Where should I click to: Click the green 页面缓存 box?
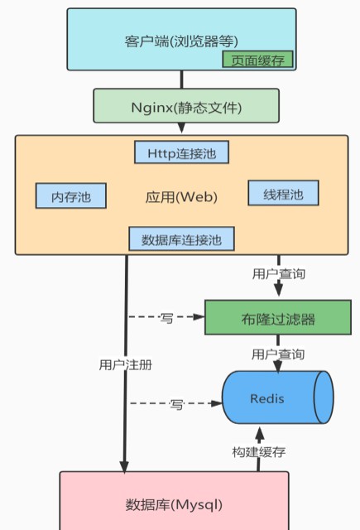[257, 60]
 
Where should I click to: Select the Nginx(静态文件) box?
[186, 105]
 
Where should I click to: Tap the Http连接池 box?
[182, 152]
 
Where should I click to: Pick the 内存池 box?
[71, 195]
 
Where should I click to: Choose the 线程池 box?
[283, 193]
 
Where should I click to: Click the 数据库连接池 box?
[182, 239]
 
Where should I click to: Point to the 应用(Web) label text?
[181, 197]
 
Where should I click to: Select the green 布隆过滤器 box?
[278, 317]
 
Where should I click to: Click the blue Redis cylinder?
[277, 397]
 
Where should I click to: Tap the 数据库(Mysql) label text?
[175, 505]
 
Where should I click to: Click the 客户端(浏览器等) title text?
[181, 41]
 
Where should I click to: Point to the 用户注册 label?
[126, 364]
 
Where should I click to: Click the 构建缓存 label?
[259, 452]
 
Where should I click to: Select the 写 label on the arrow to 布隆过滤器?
[166, 318]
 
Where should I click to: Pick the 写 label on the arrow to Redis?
[176, 404]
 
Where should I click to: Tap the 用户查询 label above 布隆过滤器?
[279, 274]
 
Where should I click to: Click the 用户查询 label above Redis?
[278, 354]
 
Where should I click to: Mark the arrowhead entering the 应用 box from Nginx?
[181, 128]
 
